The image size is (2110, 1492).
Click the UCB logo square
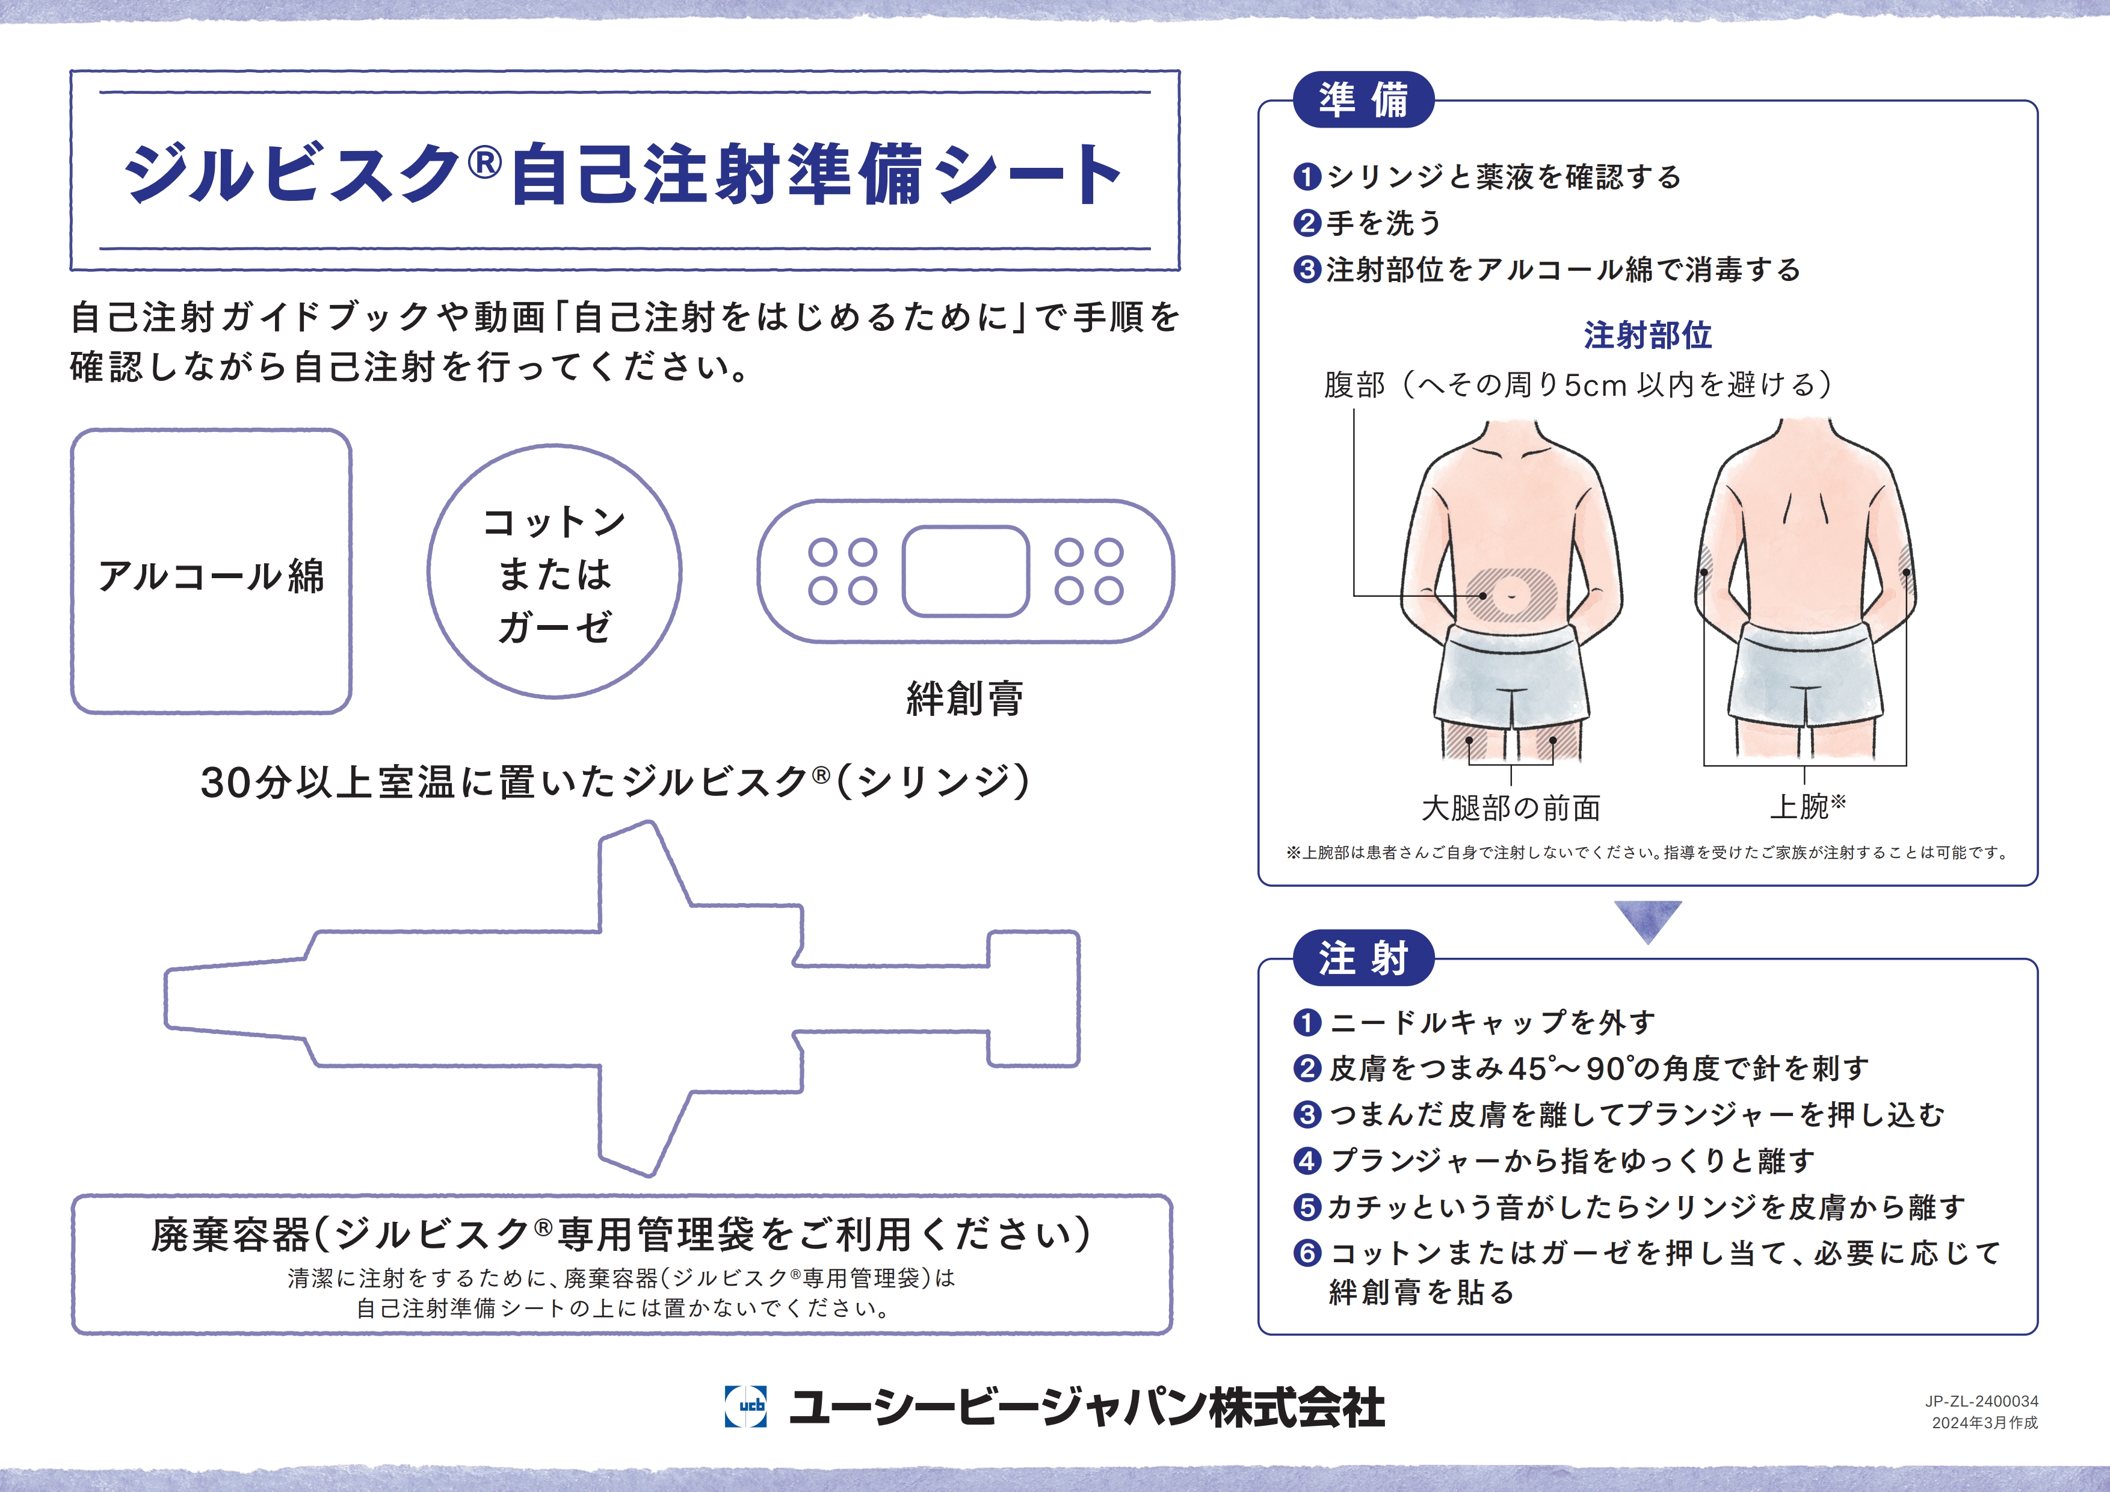pyautogui.click(x=745, y=1405)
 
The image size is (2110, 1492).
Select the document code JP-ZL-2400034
pyautogui.click(x=1981, y=1401)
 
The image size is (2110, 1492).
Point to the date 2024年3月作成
pyautogui.click(x=1985, y=1422)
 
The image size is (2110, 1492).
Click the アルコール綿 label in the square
pyautogui.click(x=211, y=576)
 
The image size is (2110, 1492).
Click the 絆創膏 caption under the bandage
pyautogui.click(x=965, y=698)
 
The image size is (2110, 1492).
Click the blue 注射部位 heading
pyautogui.click(x=1648, y=335)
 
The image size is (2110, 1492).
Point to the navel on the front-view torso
pyautogui.click(x=1512, y=594)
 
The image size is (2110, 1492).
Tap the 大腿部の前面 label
pyautogui.click(x=1511, y=807)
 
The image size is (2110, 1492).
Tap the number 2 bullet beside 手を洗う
pyautogui.click(x=1307, y=223)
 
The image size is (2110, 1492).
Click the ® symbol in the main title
pyautogui.click(x=484, y=162)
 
